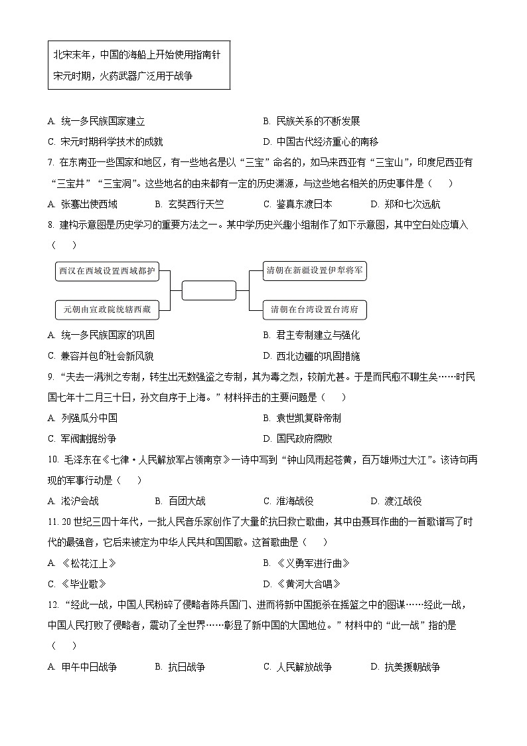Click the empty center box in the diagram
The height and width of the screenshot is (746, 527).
click(208, 290)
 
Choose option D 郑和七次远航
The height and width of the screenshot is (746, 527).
click(405, 205)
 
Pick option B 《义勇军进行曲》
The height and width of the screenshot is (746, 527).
click(306, 563)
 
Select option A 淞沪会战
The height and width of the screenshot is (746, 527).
click(74, 501)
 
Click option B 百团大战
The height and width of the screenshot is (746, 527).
click(180, 501)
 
